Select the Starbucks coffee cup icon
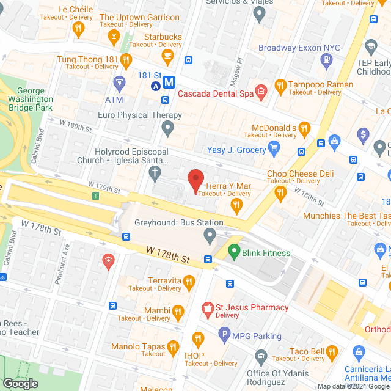[x=167, y=56]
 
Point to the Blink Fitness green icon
[x=233, y=250]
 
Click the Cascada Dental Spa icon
[x=261, y=92]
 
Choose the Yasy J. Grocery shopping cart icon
[x=274, y=147]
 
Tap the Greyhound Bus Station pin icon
[x=210, y=235]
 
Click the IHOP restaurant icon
[x=197, y=338]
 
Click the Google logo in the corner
[x=20, y=383]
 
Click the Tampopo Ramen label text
[x=321, y=84]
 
